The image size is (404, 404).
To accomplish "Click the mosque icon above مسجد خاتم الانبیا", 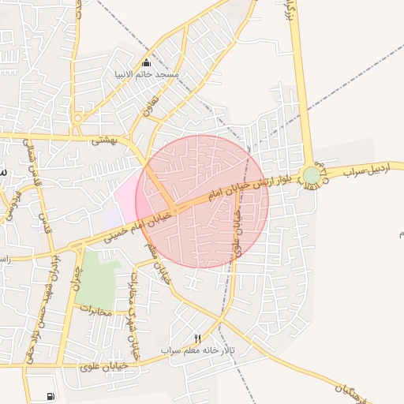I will [x=146, y=62].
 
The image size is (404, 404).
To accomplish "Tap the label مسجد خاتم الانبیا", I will [x=155, y=74].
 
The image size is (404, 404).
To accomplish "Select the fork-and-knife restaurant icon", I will [x=197, y=339].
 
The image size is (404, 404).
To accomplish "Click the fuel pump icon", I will [x=51, y=395].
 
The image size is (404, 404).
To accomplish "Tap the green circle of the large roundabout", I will [x=312, y=176].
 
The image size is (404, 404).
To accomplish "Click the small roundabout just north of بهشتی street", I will [x=78, y=119].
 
